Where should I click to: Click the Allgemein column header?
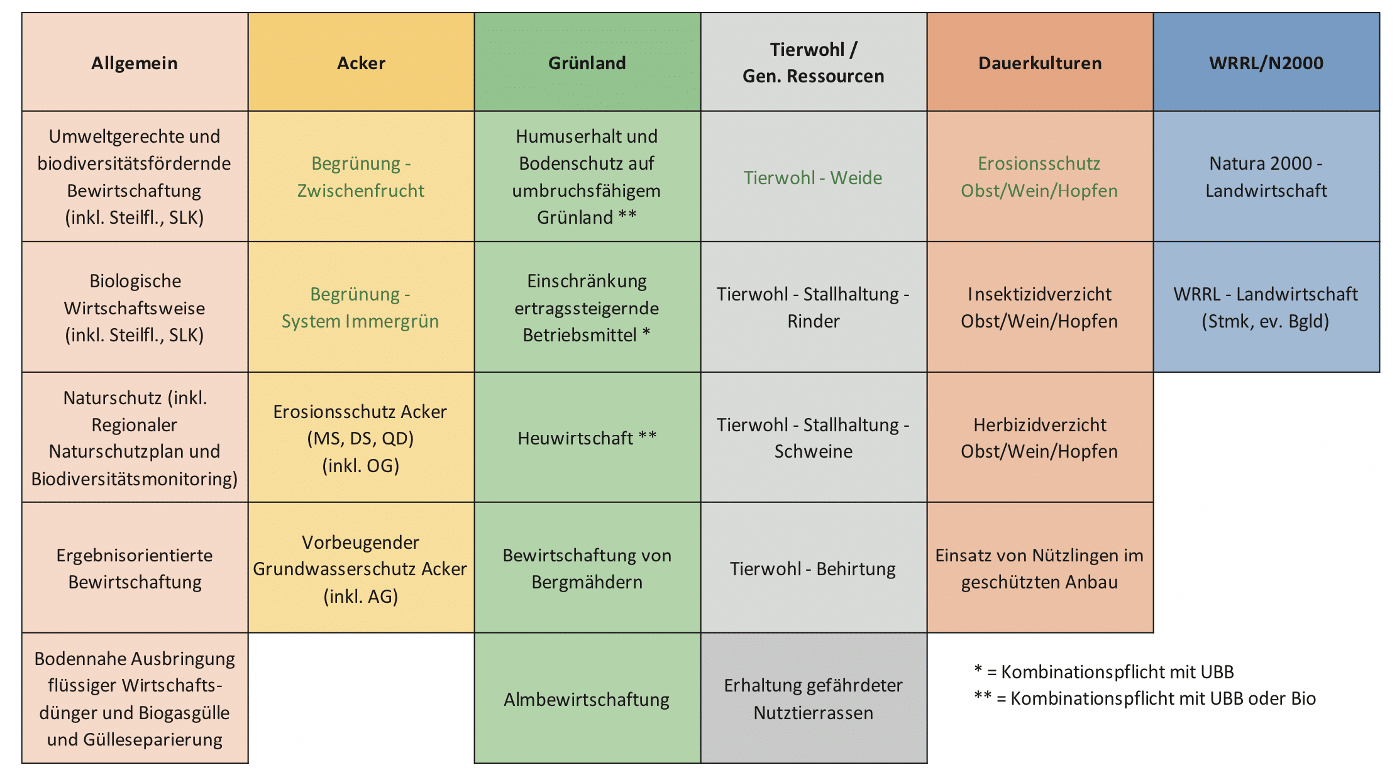coord(135,62)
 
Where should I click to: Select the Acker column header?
coord(361,62)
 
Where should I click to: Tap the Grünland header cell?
coord(587,62)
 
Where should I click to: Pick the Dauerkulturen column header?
coord(1040,62)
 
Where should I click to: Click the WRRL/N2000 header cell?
coord(1266,62)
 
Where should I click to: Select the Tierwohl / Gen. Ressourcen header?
coord(814,62)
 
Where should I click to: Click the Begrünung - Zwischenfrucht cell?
coord(361,177)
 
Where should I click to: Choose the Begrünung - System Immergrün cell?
coord(361,307)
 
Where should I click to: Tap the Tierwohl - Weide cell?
coord(814,177)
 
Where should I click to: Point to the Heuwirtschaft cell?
coord(587,438)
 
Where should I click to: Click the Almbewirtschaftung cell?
coord(587,698)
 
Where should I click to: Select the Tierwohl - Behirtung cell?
coord(814,568)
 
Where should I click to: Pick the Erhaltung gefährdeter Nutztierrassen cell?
coord(814,698)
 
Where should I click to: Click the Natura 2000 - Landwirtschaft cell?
coord(1266,177)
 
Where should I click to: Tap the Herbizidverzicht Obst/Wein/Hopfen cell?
coord(1040,438)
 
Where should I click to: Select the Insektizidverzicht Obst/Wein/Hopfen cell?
coord(1040,307)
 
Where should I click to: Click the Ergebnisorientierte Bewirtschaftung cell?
coord(135,568)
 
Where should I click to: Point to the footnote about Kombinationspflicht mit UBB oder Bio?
coord(1144,698)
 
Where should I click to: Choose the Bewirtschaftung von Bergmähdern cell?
coord(587,568)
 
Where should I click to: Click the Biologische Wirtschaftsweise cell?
coord(135,307)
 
